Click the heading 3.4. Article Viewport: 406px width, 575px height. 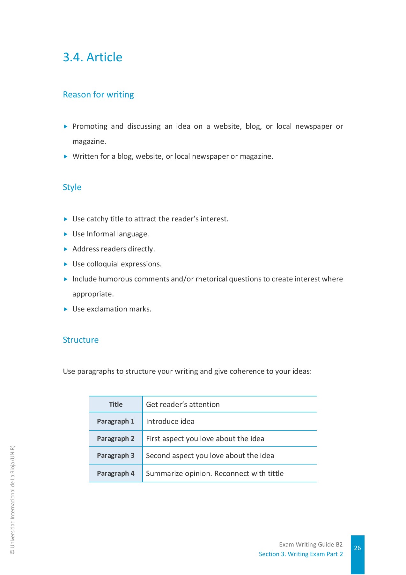pos(92,57)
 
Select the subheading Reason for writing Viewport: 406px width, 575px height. pos(98,95)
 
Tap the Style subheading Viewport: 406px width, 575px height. pos(72,187)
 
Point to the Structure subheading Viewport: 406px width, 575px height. pos(81,340)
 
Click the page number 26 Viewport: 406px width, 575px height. pos(357,548)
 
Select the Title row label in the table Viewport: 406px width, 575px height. pos(116,404)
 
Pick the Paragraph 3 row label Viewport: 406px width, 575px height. pos(116,456)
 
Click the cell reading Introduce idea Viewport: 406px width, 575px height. pos(170,421)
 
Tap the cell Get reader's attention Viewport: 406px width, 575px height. pos(183,404)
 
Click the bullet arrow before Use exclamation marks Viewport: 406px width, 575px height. pos(66,309)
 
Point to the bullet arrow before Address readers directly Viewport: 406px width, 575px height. pos(66,249)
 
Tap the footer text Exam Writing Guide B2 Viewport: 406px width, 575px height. pos(311,544)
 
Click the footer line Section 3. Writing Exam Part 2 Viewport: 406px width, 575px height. pos(301,554)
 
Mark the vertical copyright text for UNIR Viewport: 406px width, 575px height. pos(12,500)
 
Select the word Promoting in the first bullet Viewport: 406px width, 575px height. pos(90,126)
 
